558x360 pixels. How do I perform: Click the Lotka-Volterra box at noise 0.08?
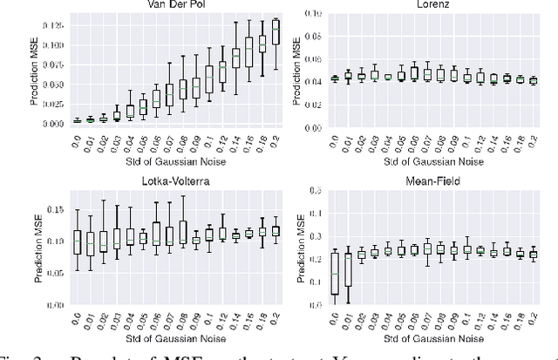(x=182, y=231)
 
